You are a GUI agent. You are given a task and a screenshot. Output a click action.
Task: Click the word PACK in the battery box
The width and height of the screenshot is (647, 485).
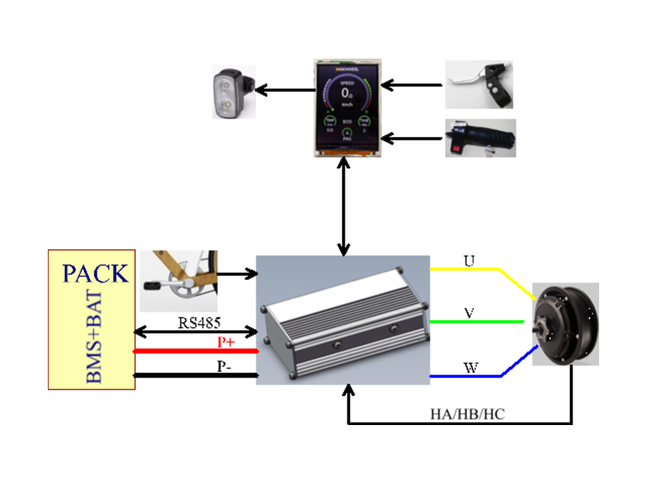[95, 273]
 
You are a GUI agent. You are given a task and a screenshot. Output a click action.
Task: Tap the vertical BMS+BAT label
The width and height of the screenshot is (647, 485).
[95, 337]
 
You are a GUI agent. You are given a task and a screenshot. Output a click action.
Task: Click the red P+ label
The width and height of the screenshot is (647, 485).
[226, 342]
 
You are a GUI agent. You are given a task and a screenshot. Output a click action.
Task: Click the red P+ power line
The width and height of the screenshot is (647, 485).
[195, 351]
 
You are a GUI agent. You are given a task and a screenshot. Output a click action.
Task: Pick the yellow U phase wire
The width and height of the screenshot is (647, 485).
[465, 269]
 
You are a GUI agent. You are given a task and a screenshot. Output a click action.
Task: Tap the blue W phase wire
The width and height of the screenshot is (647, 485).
[465, 376]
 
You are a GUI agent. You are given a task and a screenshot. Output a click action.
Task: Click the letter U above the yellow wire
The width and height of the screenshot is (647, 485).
[468, 259]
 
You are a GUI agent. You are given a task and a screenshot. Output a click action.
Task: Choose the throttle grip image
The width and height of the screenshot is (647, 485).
[481, 138]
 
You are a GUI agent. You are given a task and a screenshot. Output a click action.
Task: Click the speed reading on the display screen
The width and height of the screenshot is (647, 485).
[347, 93]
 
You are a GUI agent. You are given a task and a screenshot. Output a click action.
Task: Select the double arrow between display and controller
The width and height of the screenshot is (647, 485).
[345, 206]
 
